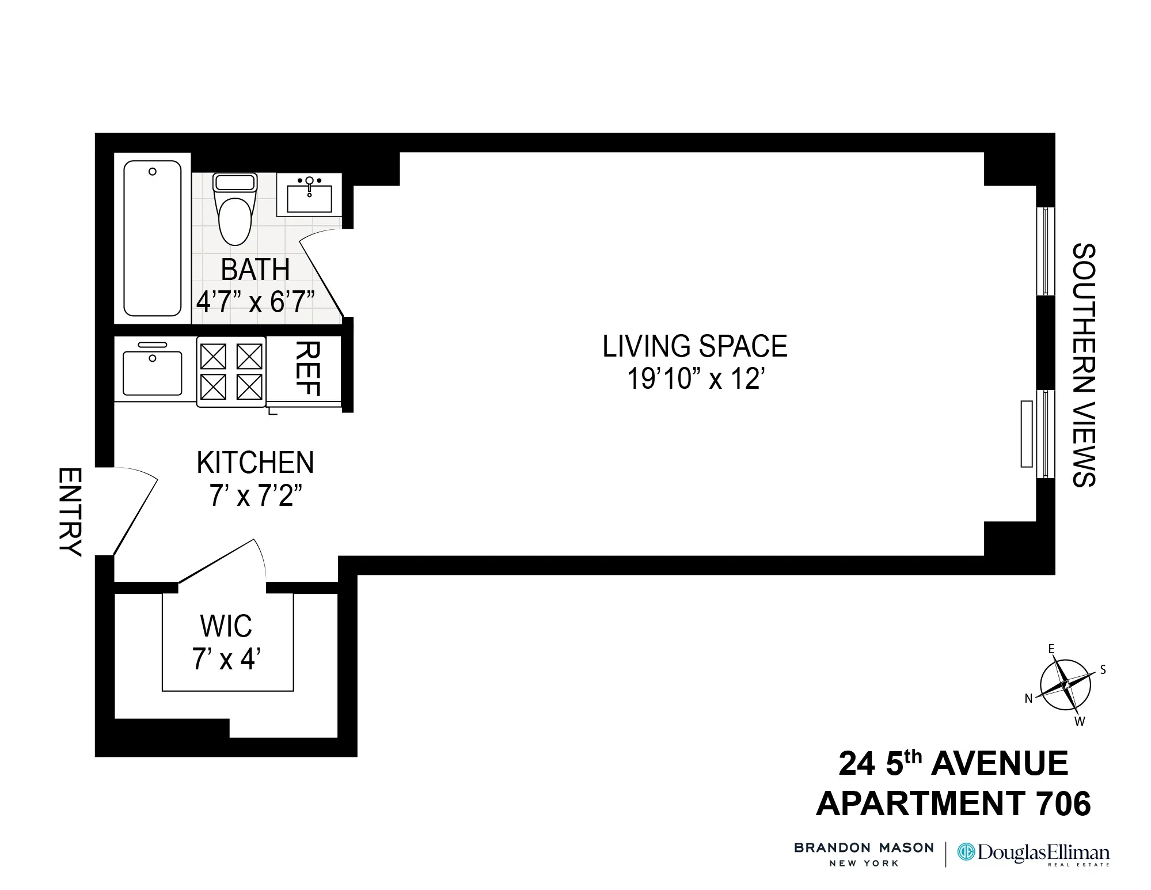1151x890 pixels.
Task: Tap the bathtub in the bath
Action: click(x=153, y=238)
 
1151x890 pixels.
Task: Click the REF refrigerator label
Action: click(x=307, y=369)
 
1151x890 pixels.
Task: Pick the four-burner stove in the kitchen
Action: click(x=231, y=372)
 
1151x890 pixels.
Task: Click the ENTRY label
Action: click(x=70, y=512)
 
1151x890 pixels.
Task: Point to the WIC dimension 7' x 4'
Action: click(x=226, y=659)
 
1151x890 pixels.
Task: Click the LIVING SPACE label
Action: click(x=694, y=347)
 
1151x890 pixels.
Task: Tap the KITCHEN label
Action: click(x=255, y=463)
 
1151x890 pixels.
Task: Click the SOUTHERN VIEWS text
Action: click(x=1083, y=365)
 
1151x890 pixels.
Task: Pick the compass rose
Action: click(x=1065, y=685)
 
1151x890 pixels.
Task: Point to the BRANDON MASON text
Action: click(x=863, y=848)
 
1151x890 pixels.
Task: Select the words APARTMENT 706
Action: click(x=953, y=804)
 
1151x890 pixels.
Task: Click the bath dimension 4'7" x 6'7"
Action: click(x=255, y=301)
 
